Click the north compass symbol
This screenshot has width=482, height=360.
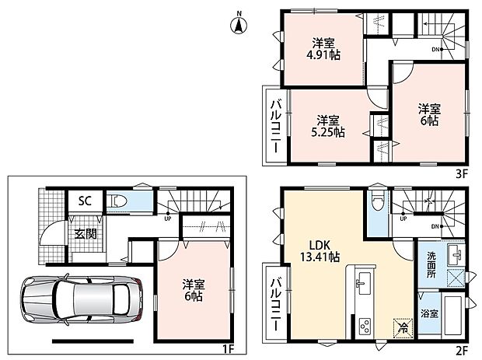pos(239,23)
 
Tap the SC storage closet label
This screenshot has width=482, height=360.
pos(85,201)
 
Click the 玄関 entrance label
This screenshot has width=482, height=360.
pos(86,234)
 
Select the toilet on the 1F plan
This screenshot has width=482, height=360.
pos(117,201)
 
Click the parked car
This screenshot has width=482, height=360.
pos(82,299)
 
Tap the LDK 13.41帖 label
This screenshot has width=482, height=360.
pos(320,251)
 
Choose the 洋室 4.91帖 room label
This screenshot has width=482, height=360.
pos(323,49)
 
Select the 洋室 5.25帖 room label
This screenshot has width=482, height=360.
pos(328,126)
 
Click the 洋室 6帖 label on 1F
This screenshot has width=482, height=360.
pos(194,290)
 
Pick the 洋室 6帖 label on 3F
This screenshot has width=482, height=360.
pos(429,114)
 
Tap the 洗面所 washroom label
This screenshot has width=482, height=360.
pos(431,265)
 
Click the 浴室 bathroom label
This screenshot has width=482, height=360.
pos(429,314)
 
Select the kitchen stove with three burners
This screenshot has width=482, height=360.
pos(365,326)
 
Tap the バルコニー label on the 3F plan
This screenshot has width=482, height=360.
pos(276,126)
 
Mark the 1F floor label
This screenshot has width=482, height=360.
pos(229,349)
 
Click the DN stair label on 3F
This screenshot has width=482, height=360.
pos(435,49)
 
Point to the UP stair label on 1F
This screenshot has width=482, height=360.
pos(168,218)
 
